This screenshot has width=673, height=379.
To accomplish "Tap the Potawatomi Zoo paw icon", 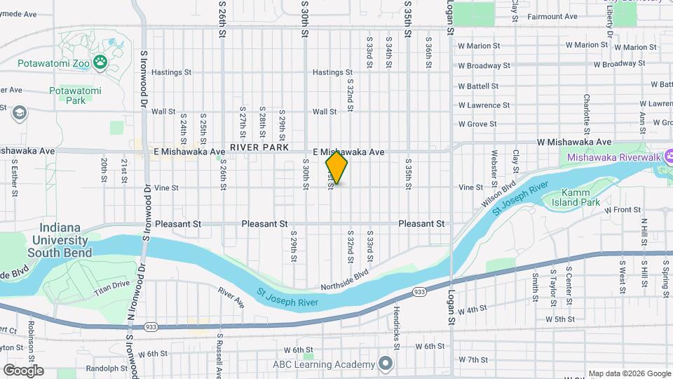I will coord(101,63).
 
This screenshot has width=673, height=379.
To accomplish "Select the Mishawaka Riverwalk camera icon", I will coord(669,157).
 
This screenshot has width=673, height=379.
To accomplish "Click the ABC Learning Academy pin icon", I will coord(385,364).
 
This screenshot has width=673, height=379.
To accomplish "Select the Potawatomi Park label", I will coord(75,95).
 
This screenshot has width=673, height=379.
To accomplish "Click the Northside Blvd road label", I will coord(344,281).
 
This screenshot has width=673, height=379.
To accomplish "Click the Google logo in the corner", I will coord(22,371).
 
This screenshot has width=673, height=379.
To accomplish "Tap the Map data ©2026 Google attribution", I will coord(629,373).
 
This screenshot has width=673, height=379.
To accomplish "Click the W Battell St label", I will coord(478,86).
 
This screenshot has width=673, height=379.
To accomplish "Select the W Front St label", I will coord(618,210).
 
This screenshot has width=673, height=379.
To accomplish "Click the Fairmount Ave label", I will coord(551,15).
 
